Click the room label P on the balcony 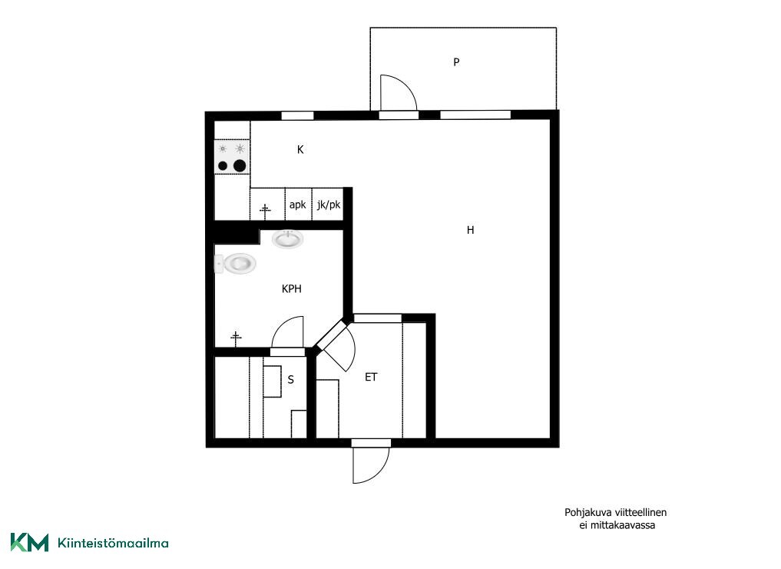(456, 62)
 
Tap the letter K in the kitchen (300, 150)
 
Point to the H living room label (470, 230)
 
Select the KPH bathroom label (291, 289)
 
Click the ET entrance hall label (371, 377)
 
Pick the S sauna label (291, 380)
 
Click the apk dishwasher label (297, 205)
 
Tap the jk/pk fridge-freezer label (329, 205)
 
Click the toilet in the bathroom (235, 263)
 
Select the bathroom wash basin (287, 239)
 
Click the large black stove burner (240, 165)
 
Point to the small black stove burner (223, 166)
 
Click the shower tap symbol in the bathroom (236, 338)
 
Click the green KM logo (29, 543)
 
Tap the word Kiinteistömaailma (113, 543)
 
